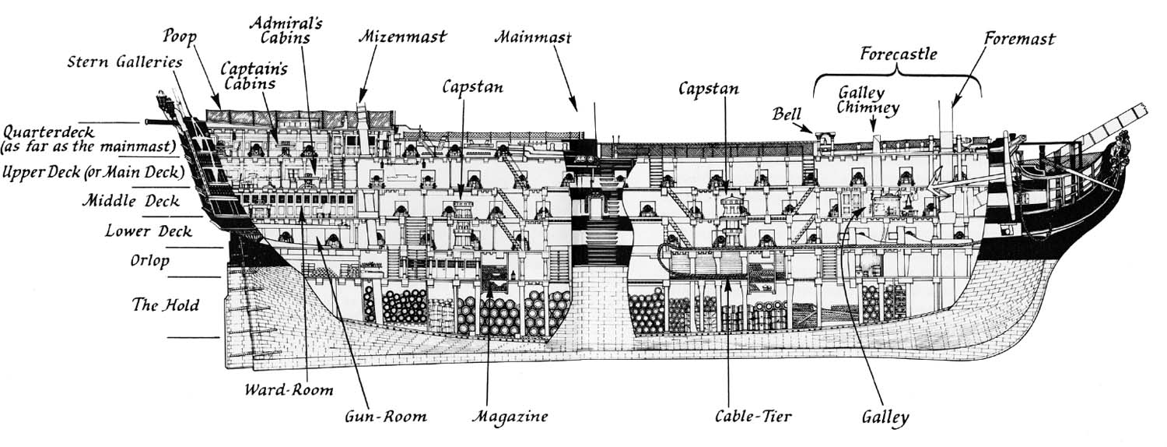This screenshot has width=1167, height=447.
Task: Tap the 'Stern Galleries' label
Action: point(125,62)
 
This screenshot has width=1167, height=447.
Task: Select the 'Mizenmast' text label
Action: point(403,36)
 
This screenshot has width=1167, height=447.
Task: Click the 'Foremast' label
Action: point(1019,38)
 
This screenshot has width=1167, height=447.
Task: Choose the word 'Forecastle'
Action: point(899,55)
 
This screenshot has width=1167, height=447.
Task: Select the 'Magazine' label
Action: point(510,416)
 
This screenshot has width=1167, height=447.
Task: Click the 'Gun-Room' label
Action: point(386,416)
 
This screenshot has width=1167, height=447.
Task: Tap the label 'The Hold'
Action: point(166,304)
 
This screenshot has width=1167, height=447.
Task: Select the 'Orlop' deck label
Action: point(149,262)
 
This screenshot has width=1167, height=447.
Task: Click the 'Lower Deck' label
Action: point(149,231)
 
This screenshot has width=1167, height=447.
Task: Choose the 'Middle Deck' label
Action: point(131,202)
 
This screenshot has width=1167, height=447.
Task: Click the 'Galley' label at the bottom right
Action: point(885,417)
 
